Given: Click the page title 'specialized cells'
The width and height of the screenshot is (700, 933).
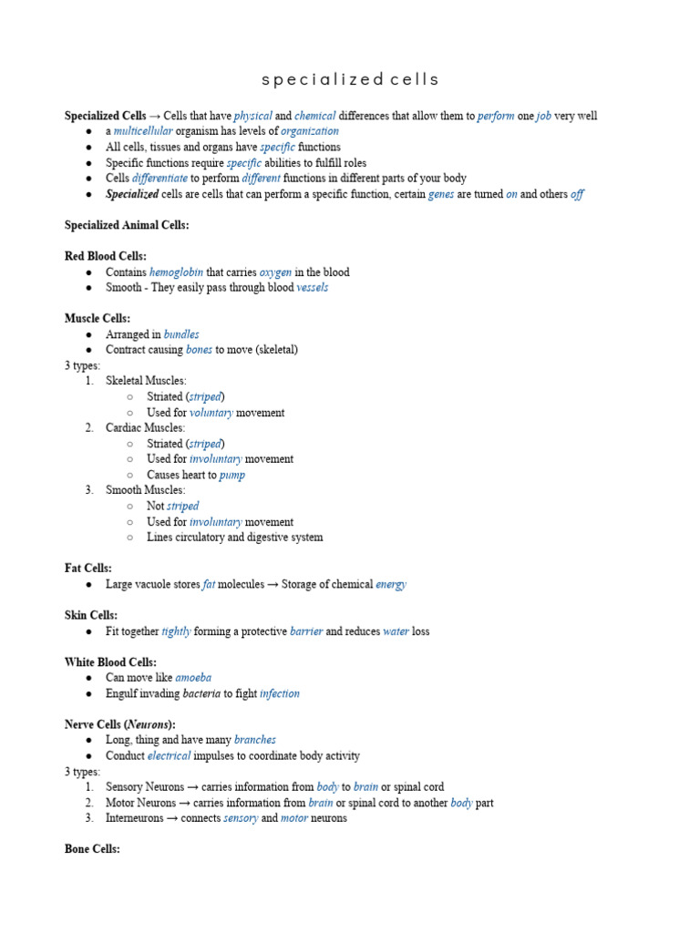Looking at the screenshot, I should click(x=350, y=79).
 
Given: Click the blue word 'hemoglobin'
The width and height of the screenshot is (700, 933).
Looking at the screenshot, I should click(x=176, y=272).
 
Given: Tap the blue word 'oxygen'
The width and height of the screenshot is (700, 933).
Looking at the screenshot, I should click(x=275, y=272).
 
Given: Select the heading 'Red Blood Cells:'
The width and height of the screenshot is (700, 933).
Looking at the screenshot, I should click(x=105, y=256).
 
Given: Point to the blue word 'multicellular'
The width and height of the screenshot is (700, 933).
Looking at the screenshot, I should click(x=141, y=132).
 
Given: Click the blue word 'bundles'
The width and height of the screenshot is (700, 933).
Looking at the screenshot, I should click(x=181, y=334).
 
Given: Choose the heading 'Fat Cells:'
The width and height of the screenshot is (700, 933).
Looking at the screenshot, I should click(x=87, y=569).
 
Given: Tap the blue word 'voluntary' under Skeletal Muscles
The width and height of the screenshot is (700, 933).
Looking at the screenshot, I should click(x=211, y=413).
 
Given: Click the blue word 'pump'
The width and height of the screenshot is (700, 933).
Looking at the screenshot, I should click(x=232, y=475).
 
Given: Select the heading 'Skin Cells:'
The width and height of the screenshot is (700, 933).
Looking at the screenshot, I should click(x=90, y=616).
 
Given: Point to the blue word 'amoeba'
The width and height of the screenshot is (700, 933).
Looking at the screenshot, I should click(x=193, y=678).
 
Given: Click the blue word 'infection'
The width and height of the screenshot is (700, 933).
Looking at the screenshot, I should click(x=279, y=693).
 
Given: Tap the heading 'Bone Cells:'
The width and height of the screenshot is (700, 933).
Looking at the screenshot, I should click(x=92, y=849).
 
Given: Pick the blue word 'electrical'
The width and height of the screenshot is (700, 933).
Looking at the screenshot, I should click(x=169, y=755).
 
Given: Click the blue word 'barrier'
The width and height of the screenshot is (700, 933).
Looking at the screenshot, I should click(x=306, y=631).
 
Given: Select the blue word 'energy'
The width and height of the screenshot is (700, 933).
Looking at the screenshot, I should click(x=391, y=584).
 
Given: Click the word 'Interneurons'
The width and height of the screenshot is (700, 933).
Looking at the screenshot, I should click(x=136, y=818).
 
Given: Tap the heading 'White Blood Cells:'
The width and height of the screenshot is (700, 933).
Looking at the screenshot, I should click(x=110, y=662).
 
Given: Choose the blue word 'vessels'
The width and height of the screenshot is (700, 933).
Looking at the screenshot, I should click(x=313, y=288).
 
